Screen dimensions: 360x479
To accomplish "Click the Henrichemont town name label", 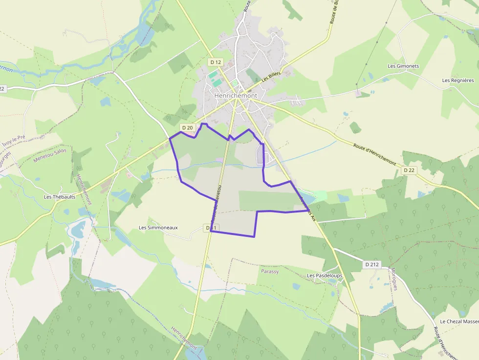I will tap(236, 96).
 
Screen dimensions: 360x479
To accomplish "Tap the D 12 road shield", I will tap(215, 62).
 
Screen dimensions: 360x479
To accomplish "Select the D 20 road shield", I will tap(188, 127).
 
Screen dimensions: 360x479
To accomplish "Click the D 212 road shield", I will tap(372, 264).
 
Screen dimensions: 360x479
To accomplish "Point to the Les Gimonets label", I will tap(403, 66).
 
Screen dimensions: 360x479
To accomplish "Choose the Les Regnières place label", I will tap(458, 81).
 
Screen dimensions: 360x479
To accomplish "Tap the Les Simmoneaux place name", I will tap(158, 228).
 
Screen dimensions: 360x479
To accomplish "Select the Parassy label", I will tap(270, 272).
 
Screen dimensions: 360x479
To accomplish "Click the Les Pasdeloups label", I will tap(325, 276).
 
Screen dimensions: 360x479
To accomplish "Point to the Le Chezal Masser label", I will tap(459, 321).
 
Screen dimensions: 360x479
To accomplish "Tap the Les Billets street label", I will tap(272, 77).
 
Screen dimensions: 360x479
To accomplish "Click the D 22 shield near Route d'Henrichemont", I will tap(409, 170).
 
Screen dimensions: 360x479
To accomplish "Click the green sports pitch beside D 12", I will tap(213, 76).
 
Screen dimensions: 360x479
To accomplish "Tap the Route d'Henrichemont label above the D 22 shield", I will tap(374, 153).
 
